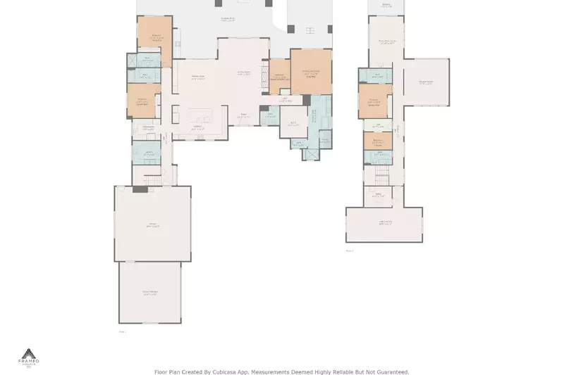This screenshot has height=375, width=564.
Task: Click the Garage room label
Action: (152, 226)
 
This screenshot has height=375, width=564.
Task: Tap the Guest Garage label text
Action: (150, 292)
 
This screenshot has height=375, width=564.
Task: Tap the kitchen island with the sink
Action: (194, 115)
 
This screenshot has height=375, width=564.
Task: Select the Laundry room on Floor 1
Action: (149, 153)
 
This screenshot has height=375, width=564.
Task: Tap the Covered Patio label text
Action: (227, 19)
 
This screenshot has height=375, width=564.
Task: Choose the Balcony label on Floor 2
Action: (386, 4)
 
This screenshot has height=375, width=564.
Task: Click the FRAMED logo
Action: (29, 357)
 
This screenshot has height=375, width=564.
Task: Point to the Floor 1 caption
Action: (122, 331)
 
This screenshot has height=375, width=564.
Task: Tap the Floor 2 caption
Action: (349, 250)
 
